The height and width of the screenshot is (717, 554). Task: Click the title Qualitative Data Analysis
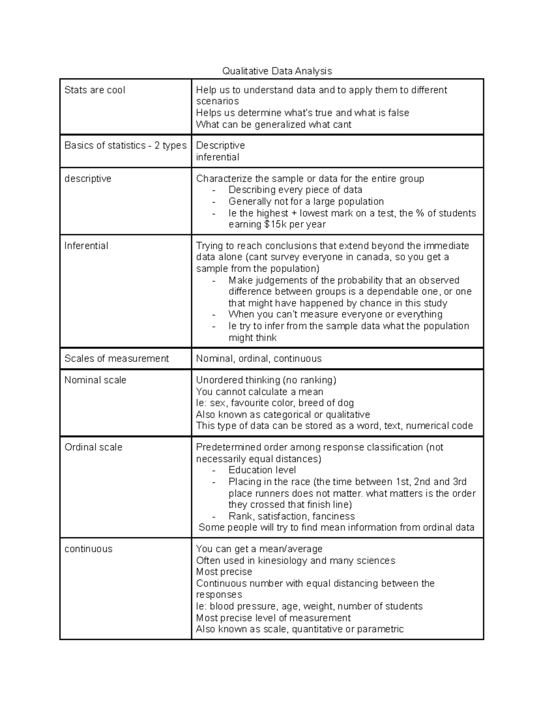[277, 71]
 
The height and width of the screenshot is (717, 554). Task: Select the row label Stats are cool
[95, 90]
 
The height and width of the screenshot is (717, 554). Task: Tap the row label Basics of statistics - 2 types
[125, 145]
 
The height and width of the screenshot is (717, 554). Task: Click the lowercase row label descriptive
[88, 179]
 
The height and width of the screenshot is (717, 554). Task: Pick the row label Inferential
[86, 246]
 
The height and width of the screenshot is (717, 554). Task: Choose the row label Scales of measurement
[116, 359]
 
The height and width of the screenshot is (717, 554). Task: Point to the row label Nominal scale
[95, 380]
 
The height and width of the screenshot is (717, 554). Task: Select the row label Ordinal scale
[93, 447]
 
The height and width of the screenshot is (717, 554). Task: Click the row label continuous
[88, 549]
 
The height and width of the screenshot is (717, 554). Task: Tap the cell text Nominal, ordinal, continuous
[259, 359]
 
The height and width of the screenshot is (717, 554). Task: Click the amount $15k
[275, 224]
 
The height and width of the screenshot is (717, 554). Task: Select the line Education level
[262, 470]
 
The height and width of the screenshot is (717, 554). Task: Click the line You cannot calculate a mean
[259, 392]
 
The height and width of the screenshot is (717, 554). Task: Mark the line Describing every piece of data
[295, 190]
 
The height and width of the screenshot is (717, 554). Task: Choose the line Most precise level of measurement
[273, 618]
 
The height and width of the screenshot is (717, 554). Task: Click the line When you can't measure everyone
[335, 314]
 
